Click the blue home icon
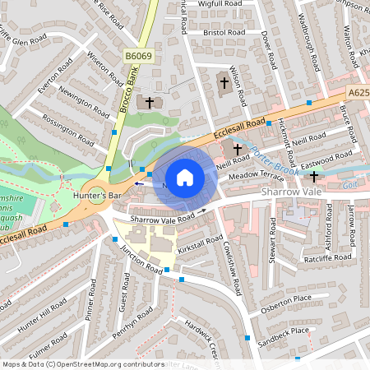[x=185, y=178]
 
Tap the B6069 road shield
[x=139, y=56]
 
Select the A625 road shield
[x=358, y=94]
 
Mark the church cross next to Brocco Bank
[x=149, y=103]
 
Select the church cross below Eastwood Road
[x=313, y=176]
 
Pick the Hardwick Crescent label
[x=201, y=332]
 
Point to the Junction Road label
[x=142, y=261]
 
